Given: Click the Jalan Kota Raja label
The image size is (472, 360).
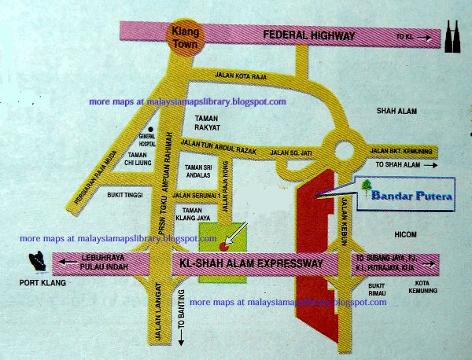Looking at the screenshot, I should tap(245, 75).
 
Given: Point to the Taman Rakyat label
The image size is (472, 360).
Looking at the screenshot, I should tap(205, 124).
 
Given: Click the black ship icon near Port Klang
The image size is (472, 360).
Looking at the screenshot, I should tap(35, 260).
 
